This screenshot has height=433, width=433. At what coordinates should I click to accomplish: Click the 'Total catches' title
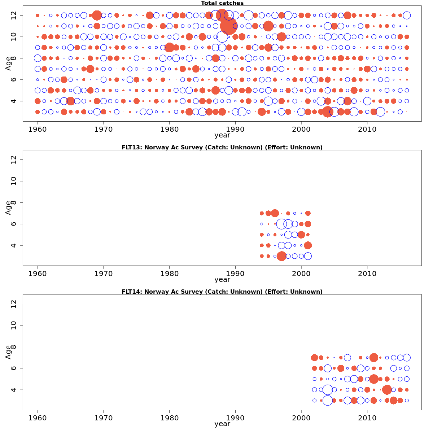coord(222,3)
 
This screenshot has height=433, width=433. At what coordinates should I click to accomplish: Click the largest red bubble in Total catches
coord(228,26)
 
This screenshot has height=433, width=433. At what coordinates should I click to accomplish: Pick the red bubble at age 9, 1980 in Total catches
coord(169,47)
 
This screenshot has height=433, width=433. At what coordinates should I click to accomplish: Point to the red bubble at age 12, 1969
coord(97,15)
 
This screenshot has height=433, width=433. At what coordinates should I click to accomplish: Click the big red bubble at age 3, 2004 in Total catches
coord(327,111)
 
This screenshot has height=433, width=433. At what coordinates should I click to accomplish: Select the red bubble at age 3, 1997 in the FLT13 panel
coord(281,256)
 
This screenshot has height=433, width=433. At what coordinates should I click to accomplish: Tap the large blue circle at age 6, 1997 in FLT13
coord(281,224)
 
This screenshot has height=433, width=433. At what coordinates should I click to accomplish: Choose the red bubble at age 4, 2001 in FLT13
coord(308,245)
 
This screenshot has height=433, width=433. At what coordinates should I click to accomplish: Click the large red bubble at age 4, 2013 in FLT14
coord(387,390)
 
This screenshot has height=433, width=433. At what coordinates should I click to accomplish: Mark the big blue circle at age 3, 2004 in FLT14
coord(327,400)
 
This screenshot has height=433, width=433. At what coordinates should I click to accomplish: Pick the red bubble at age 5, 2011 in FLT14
coord(374,379)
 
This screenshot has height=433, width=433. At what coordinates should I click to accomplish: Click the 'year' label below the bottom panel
coord(222,424)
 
